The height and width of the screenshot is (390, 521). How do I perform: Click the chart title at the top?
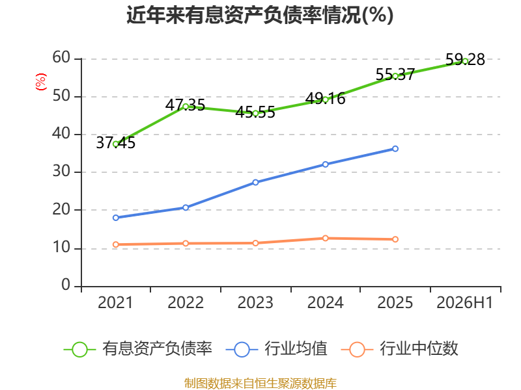(x=260, y=14)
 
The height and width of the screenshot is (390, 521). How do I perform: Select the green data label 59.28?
(x=465, y=60)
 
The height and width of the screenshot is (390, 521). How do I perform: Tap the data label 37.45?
(x=116, y=143)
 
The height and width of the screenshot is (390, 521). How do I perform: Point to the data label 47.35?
(x=185, y=105)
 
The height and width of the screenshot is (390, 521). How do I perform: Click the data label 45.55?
(x=255, y=112)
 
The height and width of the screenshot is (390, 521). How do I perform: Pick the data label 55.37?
(x=395, y=75)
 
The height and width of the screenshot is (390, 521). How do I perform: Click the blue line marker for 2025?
(x=395, y=149)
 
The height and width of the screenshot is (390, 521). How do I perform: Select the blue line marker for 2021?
(x=116, y=218)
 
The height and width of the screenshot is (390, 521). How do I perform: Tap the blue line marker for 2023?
(x=255, y=183)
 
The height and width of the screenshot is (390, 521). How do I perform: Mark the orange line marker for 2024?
(x=325, y=238)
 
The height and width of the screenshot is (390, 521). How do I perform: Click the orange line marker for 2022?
(x=186, y=243)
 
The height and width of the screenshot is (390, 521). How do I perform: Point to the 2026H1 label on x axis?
(x=464, y=302)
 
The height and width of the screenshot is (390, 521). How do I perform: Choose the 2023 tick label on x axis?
(x=255, y=302)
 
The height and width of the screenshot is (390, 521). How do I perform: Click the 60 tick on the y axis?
(x=61, y=57)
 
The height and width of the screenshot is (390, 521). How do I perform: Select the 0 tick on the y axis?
(x=66, y=285)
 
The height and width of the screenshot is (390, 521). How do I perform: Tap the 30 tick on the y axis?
(x=61, y=171)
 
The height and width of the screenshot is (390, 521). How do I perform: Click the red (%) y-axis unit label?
(x=41, y=82)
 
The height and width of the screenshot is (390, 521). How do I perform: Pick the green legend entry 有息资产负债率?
(x=138, y=349)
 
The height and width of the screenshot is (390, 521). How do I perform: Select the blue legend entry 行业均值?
(x=276, y=349)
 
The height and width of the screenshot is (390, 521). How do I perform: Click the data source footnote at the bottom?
(x=260, y=383)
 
